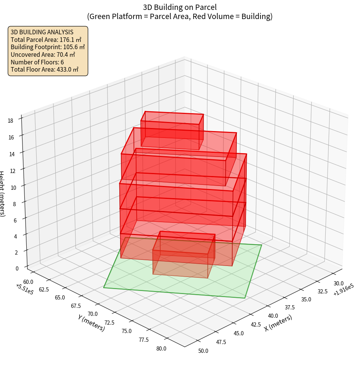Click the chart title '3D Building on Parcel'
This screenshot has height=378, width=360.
point(180,7)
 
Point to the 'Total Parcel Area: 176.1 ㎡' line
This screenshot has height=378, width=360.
point(46,39)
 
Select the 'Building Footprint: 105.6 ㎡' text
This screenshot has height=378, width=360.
point(48,47)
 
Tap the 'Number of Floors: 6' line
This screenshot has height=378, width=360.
point(37,62)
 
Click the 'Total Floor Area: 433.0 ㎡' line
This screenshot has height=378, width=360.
point(45,70)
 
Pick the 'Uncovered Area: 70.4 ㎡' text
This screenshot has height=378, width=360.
point(43,54)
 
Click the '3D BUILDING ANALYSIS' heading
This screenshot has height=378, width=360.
point(42,32)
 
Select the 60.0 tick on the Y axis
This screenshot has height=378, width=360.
point(29,282)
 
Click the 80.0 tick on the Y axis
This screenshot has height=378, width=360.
point(161,348)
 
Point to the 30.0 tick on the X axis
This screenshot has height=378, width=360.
point(338,283)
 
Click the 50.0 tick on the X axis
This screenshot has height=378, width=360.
point(203,351)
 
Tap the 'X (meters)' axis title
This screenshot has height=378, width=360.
point(278,323)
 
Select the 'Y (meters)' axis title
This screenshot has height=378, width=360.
point(91,323)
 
